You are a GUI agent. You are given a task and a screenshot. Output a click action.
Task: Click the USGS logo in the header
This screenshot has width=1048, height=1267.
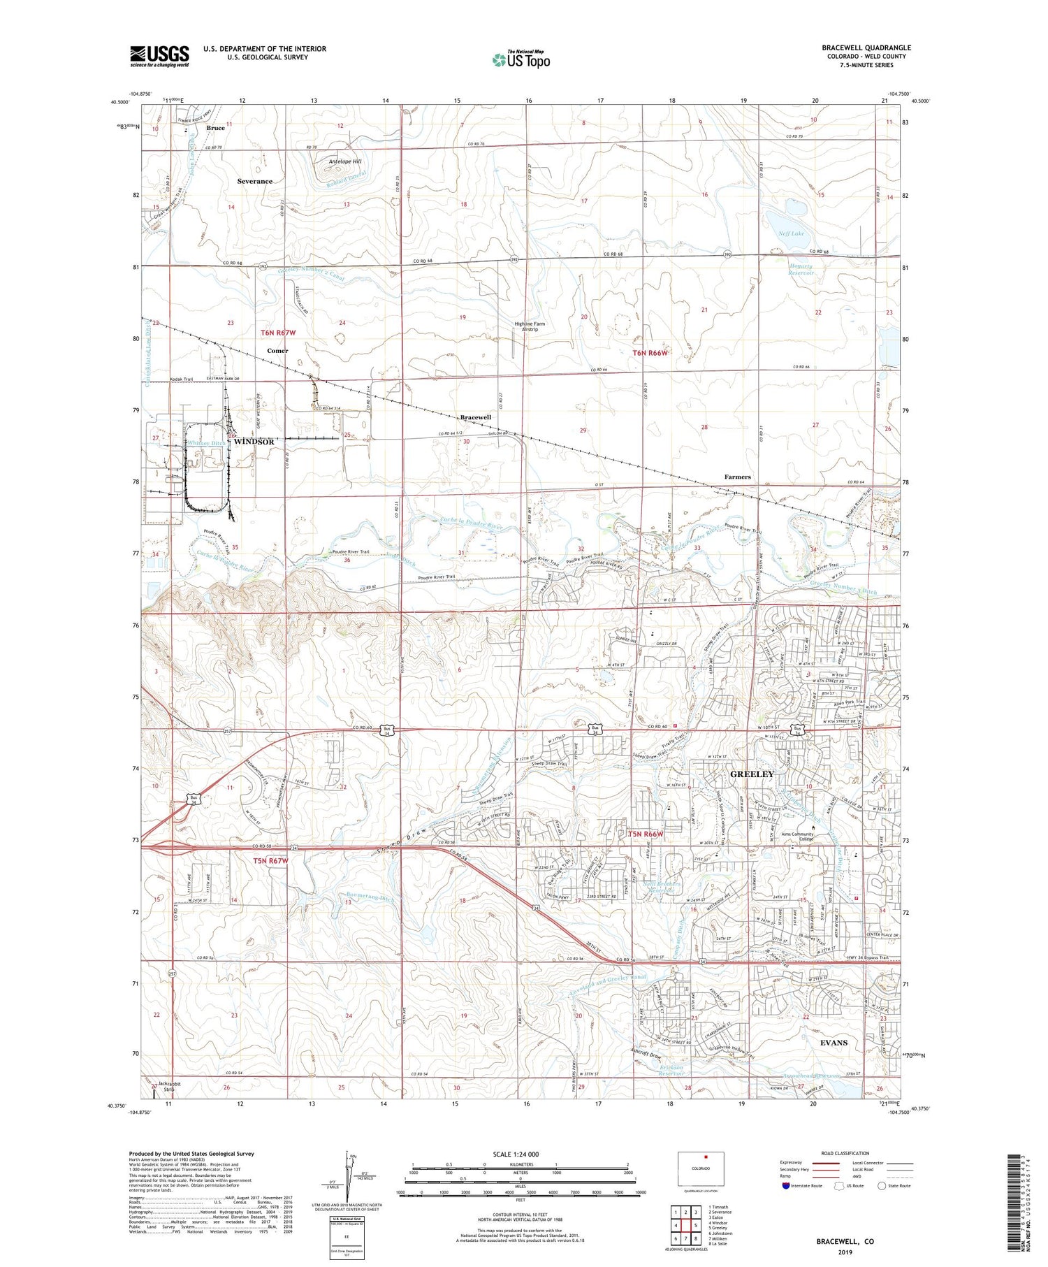(159, 56)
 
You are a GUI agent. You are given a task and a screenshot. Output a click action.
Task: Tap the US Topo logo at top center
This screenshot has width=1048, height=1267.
(521, 59)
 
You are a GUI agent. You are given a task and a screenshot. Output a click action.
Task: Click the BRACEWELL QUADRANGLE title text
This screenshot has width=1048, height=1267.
(866, 48)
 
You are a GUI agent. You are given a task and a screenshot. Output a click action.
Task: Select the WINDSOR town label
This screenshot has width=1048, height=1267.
(254, 442)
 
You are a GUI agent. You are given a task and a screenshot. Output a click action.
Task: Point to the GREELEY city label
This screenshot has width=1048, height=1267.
(752, 774)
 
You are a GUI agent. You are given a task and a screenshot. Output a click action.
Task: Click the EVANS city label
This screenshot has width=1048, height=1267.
(834, 1043)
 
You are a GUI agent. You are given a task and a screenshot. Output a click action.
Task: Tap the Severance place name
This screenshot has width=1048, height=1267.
(254, 181)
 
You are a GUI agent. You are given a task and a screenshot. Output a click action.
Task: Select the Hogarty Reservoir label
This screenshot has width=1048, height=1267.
(801, 269)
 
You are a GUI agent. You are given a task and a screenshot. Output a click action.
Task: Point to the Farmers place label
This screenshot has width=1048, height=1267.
(737, 477)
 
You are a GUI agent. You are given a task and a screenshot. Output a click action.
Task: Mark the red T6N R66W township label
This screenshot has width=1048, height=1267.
(650, 353)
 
